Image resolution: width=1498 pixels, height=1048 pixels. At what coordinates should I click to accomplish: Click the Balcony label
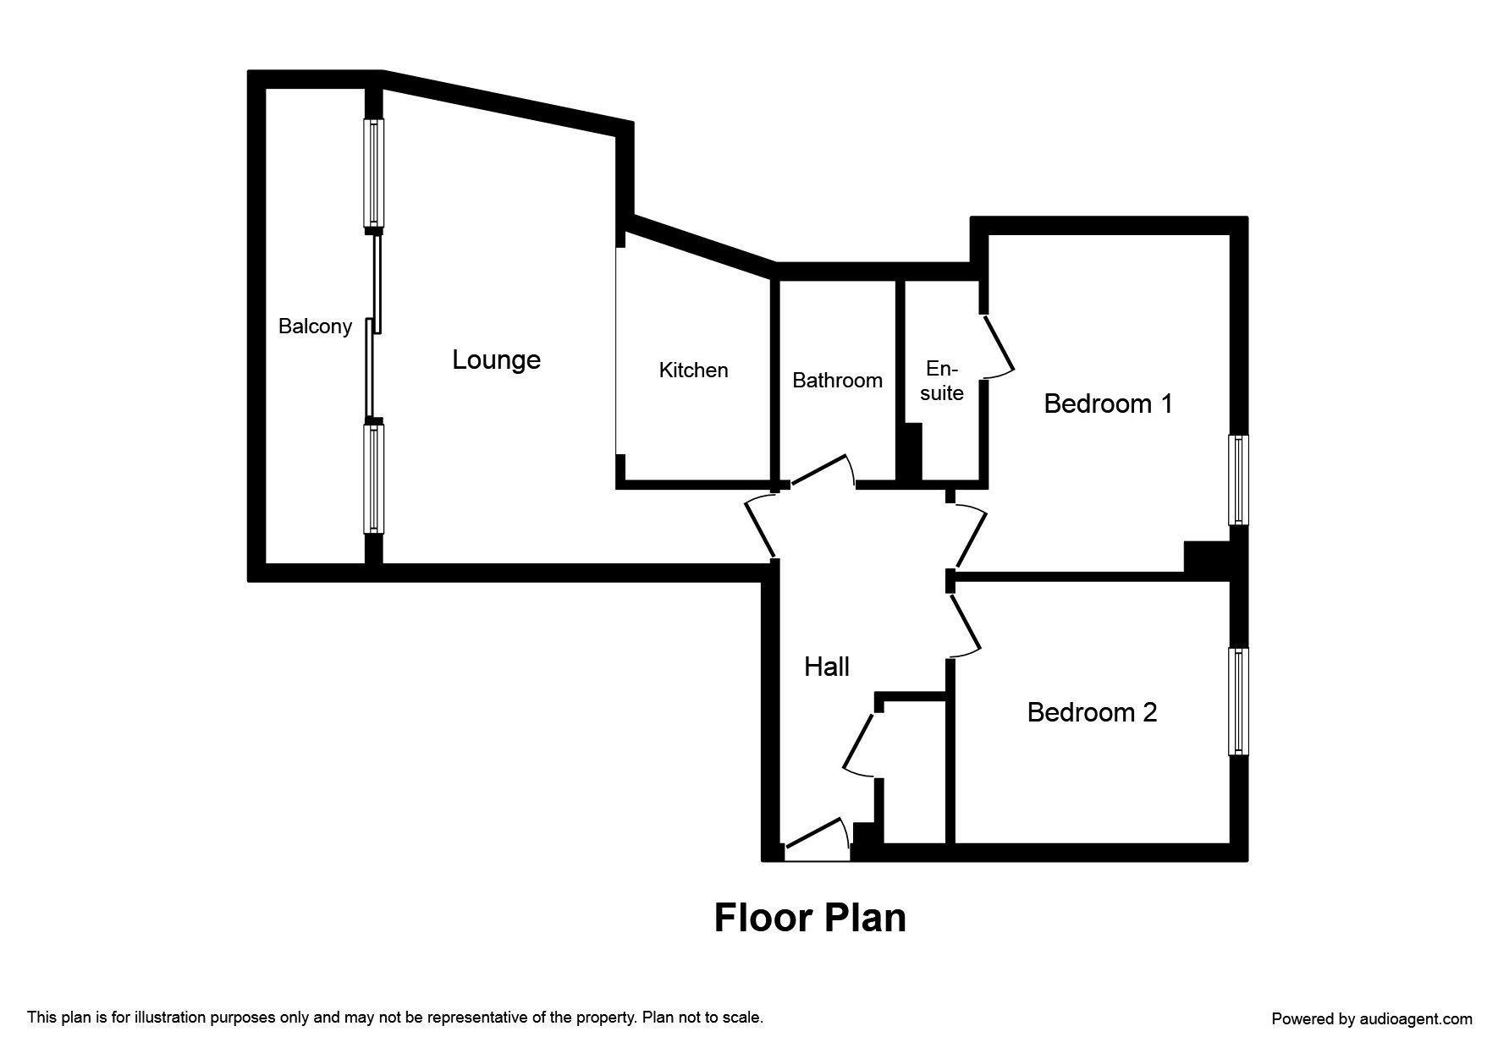(315, 326)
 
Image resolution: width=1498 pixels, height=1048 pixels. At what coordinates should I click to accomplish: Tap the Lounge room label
(496, 360)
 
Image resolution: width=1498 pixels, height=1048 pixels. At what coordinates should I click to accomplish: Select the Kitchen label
(693, 370)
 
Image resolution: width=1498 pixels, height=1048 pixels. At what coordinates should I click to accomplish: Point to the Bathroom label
(837, 381)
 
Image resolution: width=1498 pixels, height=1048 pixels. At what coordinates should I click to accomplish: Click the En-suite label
(942, 381)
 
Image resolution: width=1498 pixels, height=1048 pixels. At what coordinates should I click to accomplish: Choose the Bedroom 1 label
(1108, 403)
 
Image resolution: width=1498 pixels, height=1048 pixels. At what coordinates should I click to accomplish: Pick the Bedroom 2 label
(1092, 712)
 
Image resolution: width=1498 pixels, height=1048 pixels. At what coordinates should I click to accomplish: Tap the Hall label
(826, 667)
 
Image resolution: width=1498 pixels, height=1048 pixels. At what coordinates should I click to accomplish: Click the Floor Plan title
(810, 918)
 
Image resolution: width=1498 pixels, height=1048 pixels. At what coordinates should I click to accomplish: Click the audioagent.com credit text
(1371, 1019)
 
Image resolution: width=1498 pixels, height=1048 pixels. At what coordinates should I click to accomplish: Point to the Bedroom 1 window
(1238, 480)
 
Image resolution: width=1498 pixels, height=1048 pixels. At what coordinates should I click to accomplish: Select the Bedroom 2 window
(1238, 701)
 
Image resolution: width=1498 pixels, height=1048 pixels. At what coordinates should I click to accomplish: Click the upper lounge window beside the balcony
(373, 173)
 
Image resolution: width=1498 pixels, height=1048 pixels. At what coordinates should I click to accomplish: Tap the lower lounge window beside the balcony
(373, 478)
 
